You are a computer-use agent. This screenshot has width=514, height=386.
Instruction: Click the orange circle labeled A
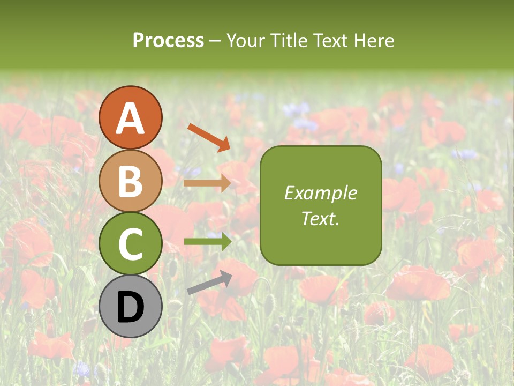[x=131, y=117]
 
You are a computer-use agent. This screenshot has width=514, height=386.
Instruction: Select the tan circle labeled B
[x=131, y=181]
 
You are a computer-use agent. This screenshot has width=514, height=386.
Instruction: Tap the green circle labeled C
[x=131, y=243]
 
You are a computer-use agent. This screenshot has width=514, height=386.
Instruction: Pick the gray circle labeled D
[x=131, y=306]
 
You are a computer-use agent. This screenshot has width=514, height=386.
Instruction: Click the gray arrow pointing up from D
[x=209, y=283]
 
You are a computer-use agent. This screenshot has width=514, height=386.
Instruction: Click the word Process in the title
[x=168, y=41]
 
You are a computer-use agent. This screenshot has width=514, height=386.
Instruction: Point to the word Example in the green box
[x=320, y=193]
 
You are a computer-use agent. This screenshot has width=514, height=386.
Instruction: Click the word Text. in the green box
[x=320, y=218]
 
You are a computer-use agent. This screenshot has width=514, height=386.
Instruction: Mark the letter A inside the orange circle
[x=131, y=118]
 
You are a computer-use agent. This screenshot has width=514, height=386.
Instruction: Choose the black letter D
[x=131, y=307]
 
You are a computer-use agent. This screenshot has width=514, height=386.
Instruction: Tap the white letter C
[x=131, y=244]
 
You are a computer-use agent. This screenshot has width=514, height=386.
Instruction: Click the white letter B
[x=131, y=181]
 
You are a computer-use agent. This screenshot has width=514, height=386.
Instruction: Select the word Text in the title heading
[x=327, y=41]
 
